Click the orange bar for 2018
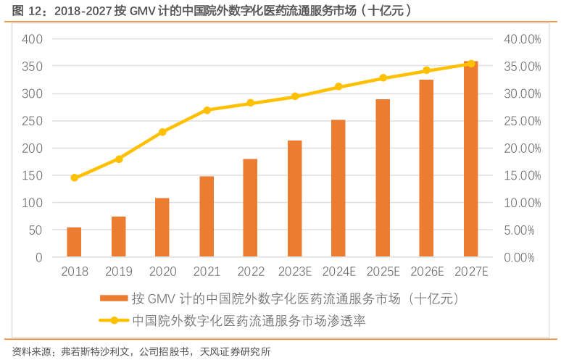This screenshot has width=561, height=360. point(74,242)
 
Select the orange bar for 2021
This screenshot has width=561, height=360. point(207,217)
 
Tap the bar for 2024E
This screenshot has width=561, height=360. point(338,188)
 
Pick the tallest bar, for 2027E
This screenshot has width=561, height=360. point(471,159)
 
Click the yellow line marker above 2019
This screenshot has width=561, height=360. point(119,159)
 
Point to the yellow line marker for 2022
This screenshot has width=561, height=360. point(251,103)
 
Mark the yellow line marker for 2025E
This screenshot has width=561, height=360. point(383,78)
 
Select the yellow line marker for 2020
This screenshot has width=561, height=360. point(162,132)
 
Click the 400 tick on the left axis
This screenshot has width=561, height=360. point(33,39)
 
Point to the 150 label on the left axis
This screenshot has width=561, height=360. point(33,175)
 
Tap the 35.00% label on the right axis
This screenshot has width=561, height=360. point(521,67)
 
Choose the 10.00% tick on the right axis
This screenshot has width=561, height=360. point(521,203)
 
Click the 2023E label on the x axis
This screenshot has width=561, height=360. point(295,272)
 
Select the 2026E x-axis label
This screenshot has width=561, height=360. point(427,272)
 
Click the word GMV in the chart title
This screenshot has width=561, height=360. point(146,11)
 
